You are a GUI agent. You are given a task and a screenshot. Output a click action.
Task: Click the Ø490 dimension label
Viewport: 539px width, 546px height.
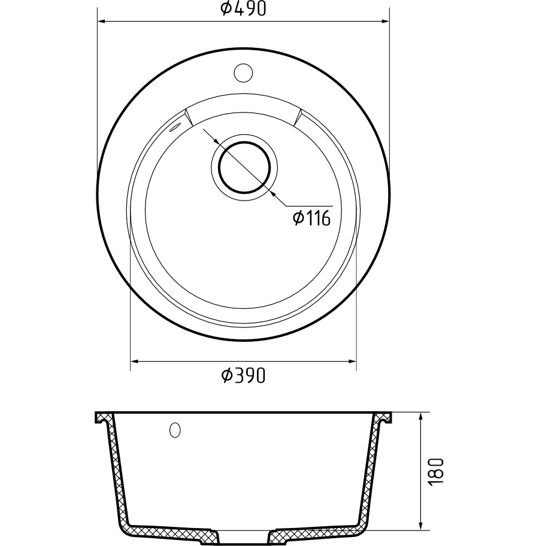(244, 9)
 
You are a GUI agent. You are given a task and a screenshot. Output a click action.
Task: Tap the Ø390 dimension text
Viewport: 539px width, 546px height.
(244, 375)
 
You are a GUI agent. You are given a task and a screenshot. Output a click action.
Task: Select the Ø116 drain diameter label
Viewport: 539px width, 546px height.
(311, 219)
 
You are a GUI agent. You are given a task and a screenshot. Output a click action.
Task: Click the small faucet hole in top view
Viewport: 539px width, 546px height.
(243, 72)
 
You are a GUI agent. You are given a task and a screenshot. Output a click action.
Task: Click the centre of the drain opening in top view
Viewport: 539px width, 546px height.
(244, 168)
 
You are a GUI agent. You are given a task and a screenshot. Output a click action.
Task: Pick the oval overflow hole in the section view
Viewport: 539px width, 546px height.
(175, 430)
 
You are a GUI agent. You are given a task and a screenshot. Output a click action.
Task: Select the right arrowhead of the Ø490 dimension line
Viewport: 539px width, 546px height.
(385, 22)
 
